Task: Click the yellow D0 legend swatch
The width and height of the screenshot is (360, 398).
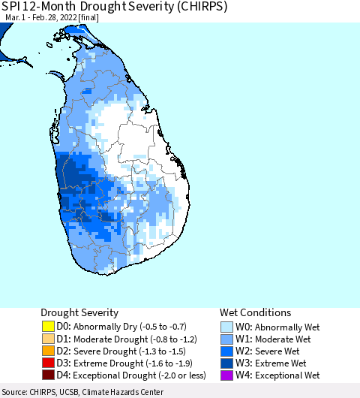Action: point(48,327)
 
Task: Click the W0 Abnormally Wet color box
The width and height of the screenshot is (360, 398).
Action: point(227,327)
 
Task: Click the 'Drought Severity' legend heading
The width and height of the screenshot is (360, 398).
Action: point(79,312)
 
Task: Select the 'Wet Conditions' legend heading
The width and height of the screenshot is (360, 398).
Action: point(255,312)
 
